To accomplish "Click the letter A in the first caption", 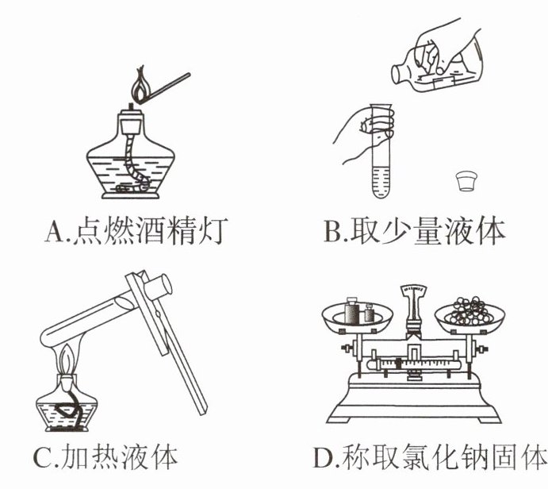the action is (55, 232).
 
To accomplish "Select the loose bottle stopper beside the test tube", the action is (467, 180).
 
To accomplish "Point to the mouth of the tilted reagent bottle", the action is (397, 75).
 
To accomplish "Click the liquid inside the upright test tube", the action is (381, 182).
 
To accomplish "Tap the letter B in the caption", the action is (332, 231).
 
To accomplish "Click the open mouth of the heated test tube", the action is (164, 284).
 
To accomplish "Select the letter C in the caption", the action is (43, 457).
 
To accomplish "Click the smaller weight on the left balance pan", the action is (369, 313).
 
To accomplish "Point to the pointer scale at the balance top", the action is (413, 289).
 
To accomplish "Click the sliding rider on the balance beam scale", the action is (398, 364).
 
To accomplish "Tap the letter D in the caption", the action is (323, 457).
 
